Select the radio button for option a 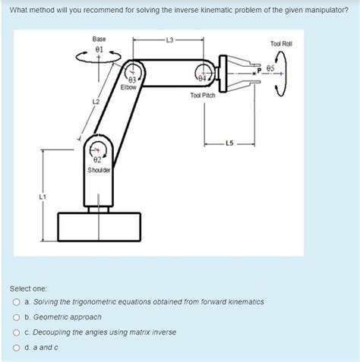click(17, 302)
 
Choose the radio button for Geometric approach click(17, 317)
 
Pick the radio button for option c click(17, 332)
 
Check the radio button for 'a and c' click(17, 348)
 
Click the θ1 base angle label click(99, 49)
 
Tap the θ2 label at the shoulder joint click(97, 160)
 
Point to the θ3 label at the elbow click(133, 80)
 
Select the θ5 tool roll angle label click(270, 68)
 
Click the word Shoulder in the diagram click(99, 170)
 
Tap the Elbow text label click(128, 87)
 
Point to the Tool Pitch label click(203, 96)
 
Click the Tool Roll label click(281, 44)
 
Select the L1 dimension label click(43, 197)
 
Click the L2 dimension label click(96, 102)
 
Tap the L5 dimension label click(229, 143)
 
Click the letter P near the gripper click(259, 71)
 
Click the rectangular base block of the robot click(99, 227)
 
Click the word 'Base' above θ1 click(99, 39)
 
